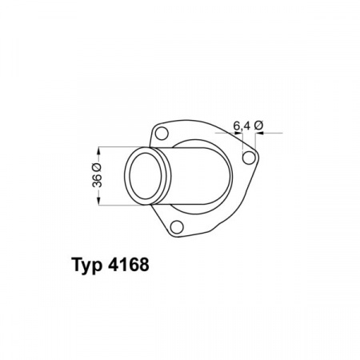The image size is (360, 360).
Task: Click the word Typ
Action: (x=87, y=266)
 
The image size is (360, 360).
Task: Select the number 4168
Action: (x=129, y=265)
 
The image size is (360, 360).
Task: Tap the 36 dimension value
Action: (x=98, y=181)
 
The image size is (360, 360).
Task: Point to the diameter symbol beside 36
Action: (x=97, y=167)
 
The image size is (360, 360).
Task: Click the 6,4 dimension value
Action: (x=242, y=126)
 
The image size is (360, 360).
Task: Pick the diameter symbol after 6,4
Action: (x=258, y=126)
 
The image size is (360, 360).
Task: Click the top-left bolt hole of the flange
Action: (x=162, y=134)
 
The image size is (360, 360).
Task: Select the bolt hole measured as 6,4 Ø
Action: (x=249, y=158)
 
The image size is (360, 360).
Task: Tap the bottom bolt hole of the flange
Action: (x=177, y=227)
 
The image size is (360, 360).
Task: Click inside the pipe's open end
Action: (x=146, y=176)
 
